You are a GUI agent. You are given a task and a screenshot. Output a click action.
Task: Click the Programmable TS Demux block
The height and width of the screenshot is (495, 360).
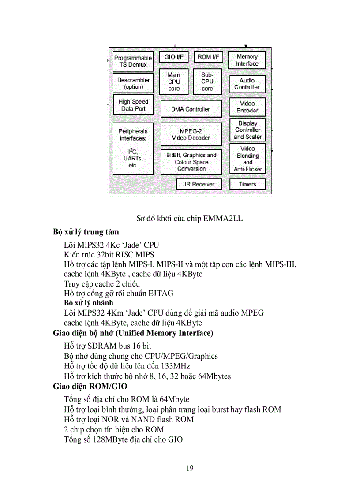pos(133,61)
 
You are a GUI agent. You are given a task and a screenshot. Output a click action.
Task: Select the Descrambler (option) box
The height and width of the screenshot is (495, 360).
pos(133,83)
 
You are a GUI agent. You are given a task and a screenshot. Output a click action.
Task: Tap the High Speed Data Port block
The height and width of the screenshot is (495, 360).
pos(133,105)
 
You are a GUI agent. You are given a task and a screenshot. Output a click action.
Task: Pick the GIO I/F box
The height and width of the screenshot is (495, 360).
pos(174,57)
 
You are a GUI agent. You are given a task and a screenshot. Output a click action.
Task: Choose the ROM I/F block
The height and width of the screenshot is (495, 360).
pos(208,57)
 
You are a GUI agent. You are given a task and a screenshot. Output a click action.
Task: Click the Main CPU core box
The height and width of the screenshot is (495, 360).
pos(174,82)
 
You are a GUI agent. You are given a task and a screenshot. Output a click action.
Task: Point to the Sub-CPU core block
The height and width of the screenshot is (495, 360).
pos(207,82)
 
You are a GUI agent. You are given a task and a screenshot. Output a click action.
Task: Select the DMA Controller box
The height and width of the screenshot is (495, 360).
pos(191,109)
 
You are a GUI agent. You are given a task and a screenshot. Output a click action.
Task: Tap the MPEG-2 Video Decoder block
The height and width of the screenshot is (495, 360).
pos(191,134)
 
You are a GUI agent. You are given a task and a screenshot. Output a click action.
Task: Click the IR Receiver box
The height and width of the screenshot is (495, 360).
pos(199,184)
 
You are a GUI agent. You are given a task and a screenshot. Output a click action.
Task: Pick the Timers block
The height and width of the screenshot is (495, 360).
pos(247,184)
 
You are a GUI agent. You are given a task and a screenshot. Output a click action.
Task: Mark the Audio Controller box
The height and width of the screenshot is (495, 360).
pos(247,84)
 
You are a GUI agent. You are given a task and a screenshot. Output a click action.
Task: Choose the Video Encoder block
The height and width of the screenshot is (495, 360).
pos(247,107)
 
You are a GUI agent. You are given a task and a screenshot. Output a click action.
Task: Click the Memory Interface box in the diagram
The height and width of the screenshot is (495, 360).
pos(247,60)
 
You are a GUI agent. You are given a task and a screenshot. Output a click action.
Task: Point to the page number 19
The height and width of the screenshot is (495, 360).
pos(190,468)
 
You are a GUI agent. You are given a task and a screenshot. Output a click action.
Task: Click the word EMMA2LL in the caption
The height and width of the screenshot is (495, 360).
pos(223,219)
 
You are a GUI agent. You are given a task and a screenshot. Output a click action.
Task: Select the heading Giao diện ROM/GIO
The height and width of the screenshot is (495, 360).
pos(90,387)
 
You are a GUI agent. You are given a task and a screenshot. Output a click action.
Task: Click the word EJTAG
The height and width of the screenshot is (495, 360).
pos(158,293)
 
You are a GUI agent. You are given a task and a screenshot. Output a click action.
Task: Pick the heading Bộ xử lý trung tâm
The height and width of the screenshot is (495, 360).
pos(86,232)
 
